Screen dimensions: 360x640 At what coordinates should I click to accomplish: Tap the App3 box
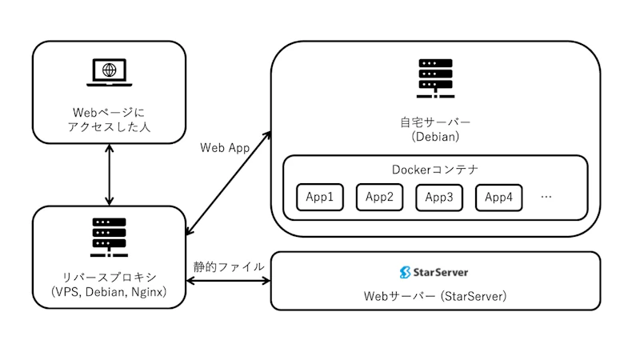pos(439,197)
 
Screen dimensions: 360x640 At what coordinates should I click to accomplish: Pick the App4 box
pos(499,197)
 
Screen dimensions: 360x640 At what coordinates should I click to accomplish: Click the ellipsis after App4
pos(547,196)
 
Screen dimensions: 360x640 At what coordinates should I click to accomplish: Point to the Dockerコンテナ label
pos(435,170)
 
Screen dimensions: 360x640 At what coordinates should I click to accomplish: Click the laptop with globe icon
pos(110,71)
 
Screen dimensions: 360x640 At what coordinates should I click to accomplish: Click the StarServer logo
pos(434,272)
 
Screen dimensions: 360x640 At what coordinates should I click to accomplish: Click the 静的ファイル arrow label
pos(229,266)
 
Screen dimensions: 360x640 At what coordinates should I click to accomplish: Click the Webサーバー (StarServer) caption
pos(435,296)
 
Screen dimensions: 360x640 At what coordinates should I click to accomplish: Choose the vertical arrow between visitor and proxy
pos(110,174)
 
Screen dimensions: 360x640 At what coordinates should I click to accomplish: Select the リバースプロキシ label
pos(109,277)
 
